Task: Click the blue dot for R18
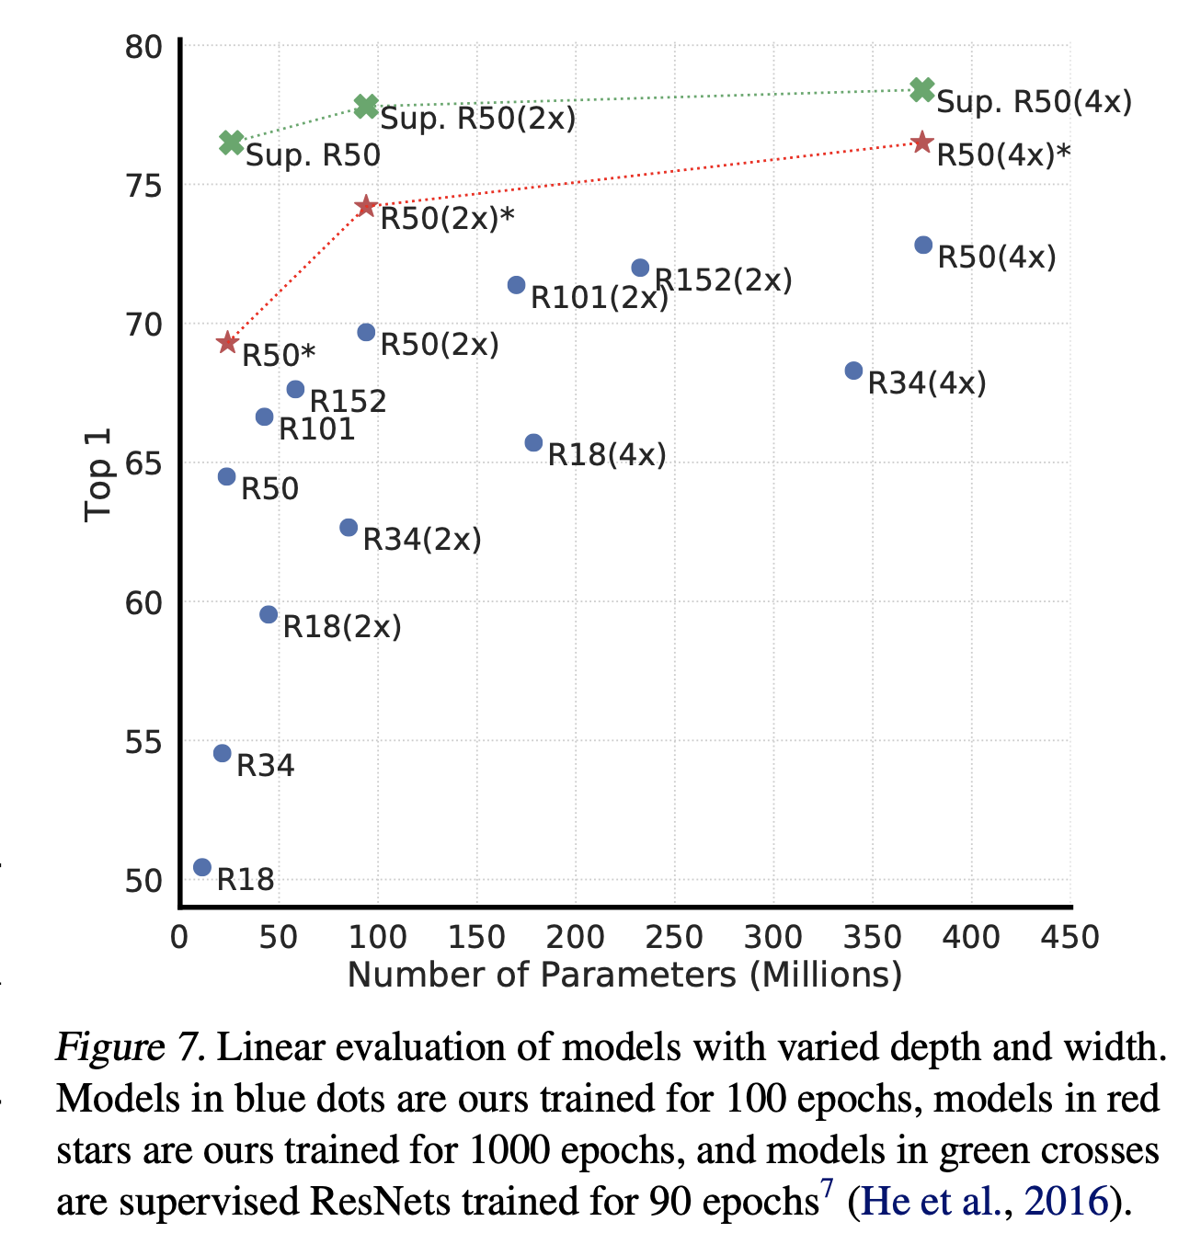(x=202, y=867)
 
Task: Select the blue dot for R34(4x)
(x=853, y=371)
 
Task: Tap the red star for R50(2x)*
(x=366, y=206)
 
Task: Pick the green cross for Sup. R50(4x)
(x=922, y=89)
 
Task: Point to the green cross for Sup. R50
(x=232, y=143)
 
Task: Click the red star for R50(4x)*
(x=922, y=143)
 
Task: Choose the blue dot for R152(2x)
(x=640, y=268)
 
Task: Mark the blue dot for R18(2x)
(x=269, y=614)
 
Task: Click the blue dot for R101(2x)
(x=516, y=285)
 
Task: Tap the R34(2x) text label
(x=422, y=540)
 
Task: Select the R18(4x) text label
(x=607, y=455)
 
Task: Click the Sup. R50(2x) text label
(x=477, y=119)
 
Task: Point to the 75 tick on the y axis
(x=143, y=186)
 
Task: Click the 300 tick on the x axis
(x=772, y=937)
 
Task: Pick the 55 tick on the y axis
(x=143, y=741)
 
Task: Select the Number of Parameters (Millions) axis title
(x=624, y=975)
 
